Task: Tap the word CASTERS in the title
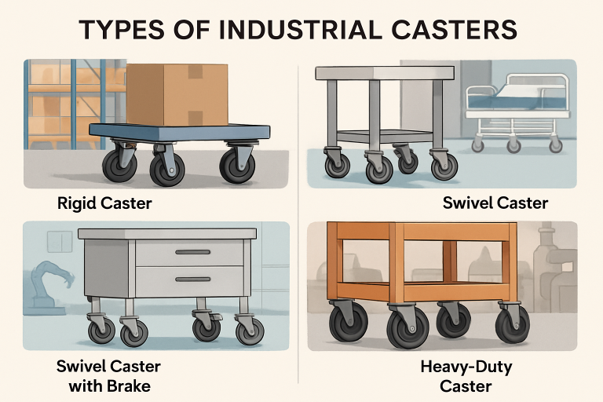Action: (454, 30)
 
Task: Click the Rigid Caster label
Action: (104, 203)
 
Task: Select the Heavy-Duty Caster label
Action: (466, 376)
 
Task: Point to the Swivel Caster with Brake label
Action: (108, 376)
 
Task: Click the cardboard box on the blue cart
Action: (177, 95)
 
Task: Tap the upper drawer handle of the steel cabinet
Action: (192, 252)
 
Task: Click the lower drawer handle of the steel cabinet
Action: (192, 280)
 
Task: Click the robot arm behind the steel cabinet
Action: (52, 283)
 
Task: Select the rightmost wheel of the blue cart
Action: (236, 166)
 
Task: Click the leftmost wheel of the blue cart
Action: (120, 166)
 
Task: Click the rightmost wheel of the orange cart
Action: (512, 324)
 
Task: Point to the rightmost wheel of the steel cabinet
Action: (250, 331)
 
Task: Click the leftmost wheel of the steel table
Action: (338, 165)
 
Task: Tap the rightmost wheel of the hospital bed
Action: (556, 146)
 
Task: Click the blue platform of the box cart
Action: (180, 132)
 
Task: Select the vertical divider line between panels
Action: (299, 223)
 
